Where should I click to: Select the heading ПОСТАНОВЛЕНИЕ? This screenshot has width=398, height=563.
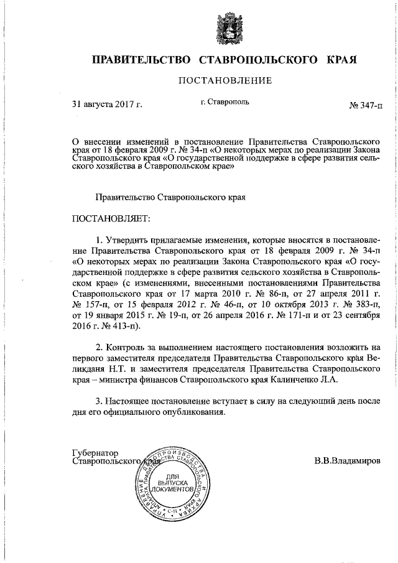pos(225,81)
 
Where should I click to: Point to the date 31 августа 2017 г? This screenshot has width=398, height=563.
pos(108,105)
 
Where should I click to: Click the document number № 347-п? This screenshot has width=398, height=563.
pos(366,105)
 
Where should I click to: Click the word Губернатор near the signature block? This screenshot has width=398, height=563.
pos(96,453)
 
